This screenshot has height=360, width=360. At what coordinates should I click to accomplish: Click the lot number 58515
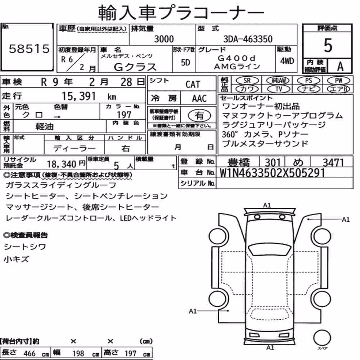(29, 49)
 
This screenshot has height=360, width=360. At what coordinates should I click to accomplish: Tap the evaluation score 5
(328, 45)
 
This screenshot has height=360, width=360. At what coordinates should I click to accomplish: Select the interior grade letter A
(340, 66)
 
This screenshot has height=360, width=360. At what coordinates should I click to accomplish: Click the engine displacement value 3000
(164, 39)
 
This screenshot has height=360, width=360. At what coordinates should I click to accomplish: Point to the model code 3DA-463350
(248, 39)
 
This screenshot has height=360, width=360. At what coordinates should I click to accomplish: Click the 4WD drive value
(287, 61)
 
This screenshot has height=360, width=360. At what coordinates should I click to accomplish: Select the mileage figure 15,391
(78, 96)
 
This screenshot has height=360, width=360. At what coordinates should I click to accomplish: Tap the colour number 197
(124, 115)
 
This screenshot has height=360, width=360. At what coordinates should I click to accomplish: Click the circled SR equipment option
(247, 81)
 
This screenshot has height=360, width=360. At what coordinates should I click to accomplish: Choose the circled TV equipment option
(279, 89)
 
